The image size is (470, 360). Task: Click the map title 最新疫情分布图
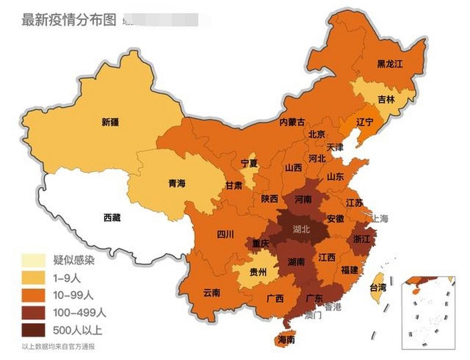pyautogui.click(x=69, y=20)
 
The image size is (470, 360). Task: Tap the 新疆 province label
pyautogui.click(x=110, y=122)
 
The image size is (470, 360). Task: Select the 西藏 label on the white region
pyautogui.click(x=112, y=218)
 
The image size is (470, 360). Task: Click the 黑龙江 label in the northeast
pyautogui.click(x=389, y=64)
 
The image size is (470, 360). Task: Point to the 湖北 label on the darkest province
pyautogui.click(x=301, y=229)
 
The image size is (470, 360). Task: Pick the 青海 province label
pyautogui.click(x=177, y=184)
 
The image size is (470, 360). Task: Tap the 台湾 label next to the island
pyautogui.click(x=378, y=288)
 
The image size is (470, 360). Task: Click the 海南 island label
pyautogui.click(x=286, y=339)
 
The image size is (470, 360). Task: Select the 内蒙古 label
pyautogui.click(x=292, y=122)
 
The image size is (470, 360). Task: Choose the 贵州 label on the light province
pyautogui.click(x=258, y=272)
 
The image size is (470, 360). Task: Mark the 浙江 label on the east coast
pyautogui.click(x=362, y=238)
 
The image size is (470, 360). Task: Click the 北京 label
pyautogui.click(x=317, y=134)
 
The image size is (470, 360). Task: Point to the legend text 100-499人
pyautogui.click(x=79, y=313)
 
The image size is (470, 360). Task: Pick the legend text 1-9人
pyautogui.click(x=66, y=278)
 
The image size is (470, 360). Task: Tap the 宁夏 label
pyautogui.click(x=249, y=163)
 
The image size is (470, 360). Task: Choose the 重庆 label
pyautogui.click(x=260, y=243)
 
